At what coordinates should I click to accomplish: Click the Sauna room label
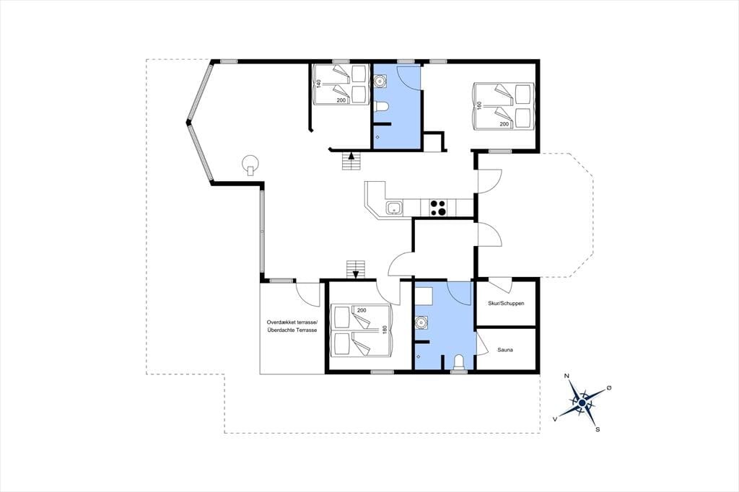(504, 350)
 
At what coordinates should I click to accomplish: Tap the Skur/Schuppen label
(506, 304)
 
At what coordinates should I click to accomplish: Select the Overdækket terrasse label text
(292, 322)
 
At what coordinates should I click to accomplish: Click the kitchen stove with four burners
(438, 208)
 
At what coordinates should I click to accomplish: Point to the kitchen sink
(394, 207)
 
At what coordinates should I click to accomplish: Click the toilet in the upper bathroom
(380, 107)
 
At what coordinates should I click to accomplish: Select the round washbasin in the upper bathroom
(379, 82)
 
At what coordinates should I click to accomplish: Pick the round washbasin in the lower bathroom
(421, 322)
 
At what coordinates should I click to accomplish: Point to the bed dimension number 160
(479, 105)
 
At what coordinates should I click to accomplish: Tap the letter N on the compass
(567, 376)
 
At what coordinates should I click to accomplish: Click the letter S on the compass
(598, 429)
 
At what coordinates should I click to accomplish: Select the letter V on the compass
(556, 418)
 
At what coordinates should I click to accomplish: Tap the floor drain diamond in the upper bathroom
(377, 136)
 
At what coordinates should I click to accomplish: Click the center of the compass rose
(582, 403)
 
